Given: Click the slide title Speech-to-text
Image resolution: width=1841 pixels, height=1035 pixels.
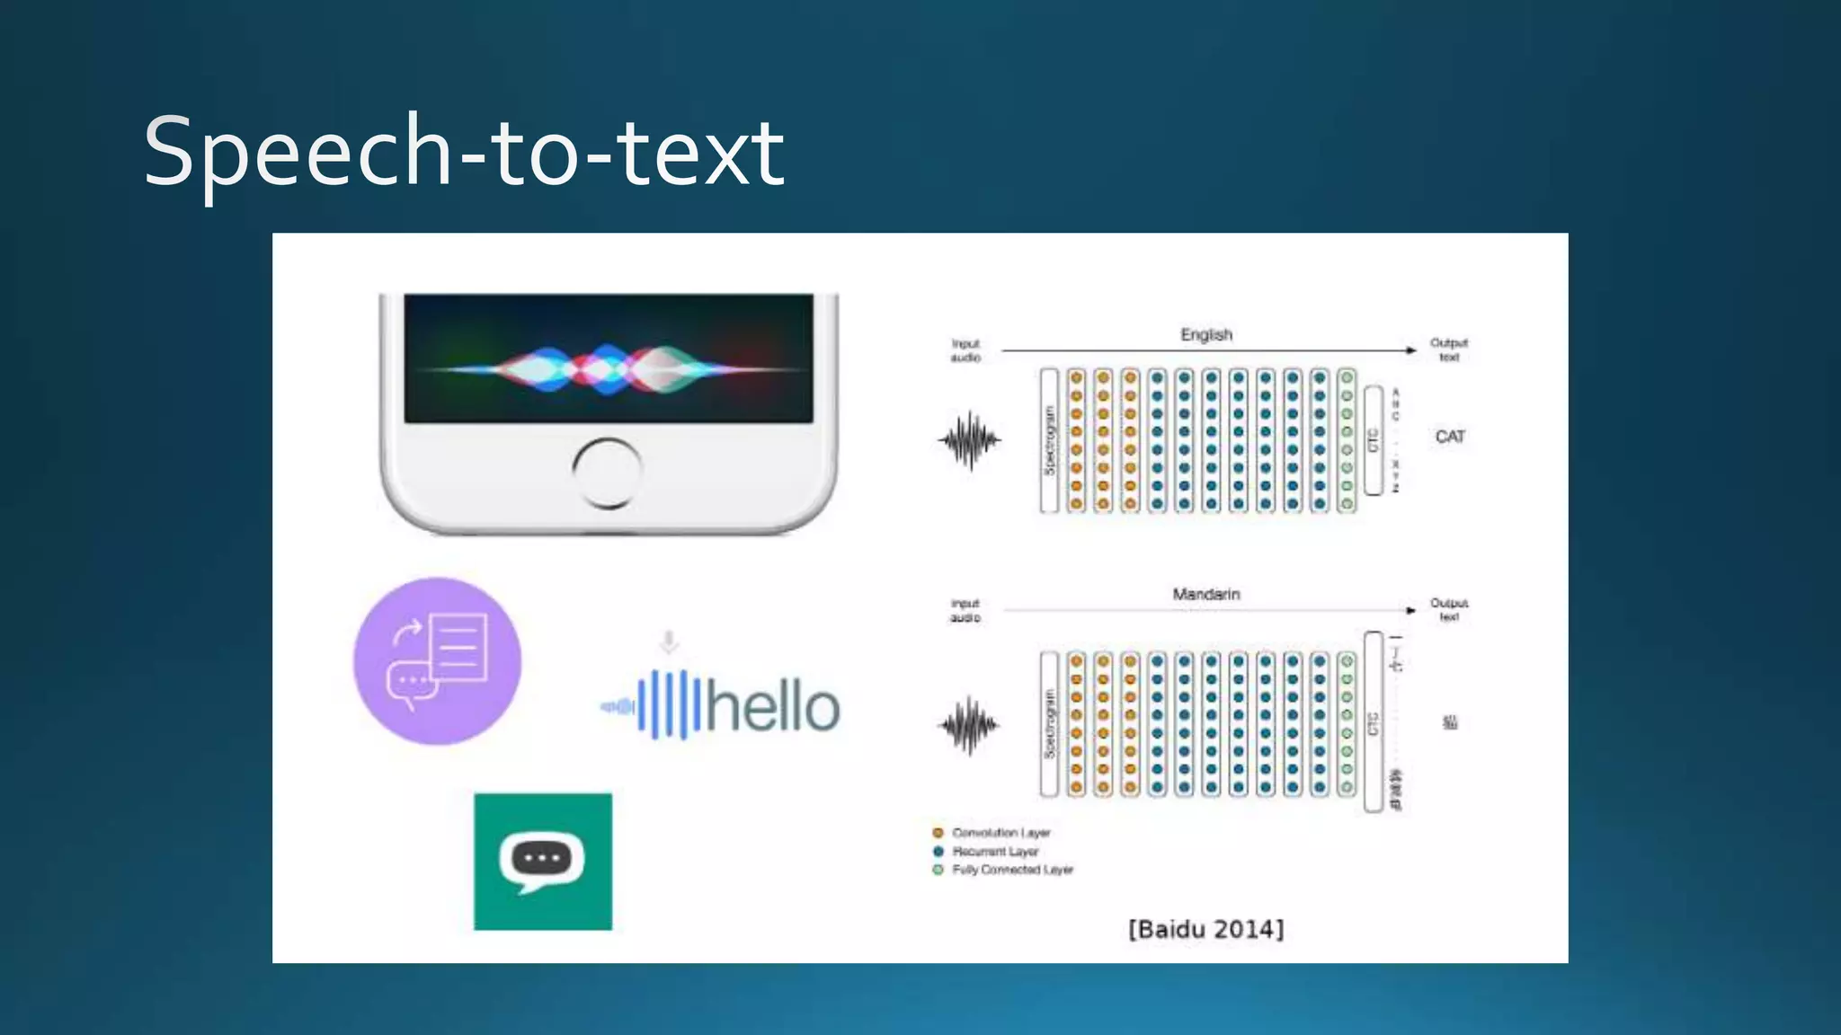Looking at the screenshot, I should (464, 153).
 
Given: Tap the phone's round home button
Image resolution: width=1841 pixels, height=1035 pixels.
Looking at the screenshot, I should (607, 473).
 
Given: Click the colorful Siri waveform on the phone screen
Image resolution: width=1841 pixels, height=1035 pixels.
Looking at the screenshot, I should (608, 368).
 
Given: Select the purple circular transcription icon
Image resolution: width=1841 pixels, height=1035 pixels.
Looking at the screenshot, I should (438, 661).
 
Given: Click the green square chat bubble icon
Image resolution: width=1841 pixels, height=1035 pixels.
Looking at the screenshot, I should (543, 862).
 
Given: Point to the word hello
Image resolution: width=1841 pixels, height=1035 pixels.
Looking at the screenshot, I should (773, 707).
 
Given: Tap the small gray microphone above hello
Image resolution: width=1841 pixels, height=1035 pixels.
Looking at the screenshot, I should (669, 641).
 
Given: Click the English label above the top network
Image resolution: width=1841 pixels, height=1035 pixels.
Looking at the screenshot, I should (1206, 334).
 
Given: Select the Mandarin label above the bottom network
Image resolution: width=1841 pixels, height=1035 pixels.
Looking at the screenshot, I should (1206, 594).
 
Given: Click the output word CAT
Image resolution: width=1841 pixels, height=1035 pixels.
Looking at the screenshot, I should (1450, 437).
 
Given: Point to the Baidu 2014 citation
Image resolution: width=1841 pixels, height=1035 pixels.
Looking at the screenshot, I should (1206, 929).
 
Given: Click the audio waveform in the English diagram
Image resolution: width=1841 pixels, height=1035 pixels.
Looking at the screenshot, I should (969, 440).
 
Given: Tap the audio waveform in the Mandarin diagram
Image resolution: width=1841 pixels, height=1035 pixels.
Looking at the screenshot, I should (969, 725).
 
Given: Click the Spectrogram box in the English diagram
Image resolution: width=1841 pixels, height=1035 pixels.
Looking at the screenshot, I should (1049, 440).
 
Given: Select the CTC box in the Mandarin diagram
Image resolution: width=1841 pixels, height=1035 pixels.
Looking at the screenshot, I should (1373, 722).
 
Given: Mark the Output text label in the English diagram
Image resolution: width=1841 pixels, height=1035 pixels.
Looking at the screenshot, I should (1449, 349).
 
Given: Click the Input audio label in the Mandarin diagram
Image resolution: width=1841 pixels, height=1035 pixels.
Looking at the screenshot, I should (965, 610).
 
